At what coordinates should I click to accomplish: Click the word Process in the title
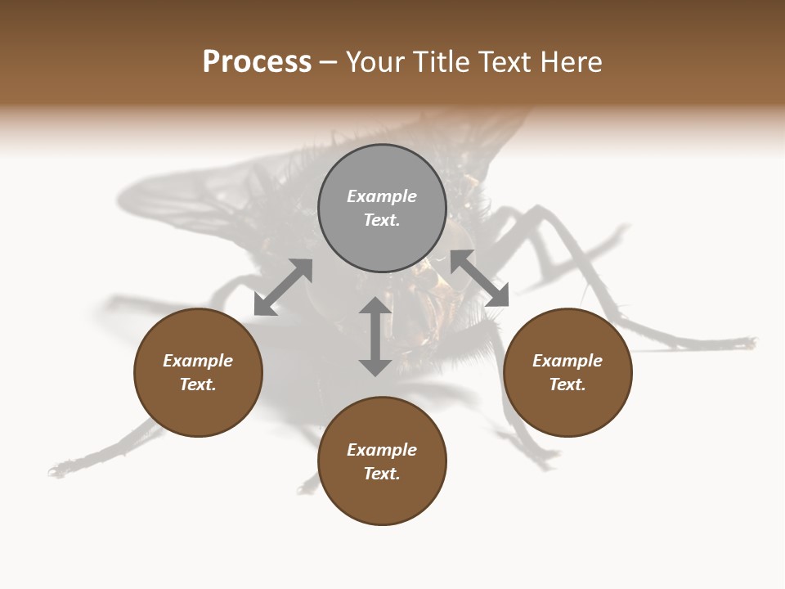pyautogui.click(x=257, y=62)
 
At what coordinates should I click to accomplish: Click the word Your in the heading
pyautogui.click(x=376, y=62)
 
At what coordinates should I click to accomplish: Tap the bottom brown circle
pyautogui.click(x=382, y=499)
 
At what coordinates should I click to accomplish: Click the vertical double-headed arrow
pyautogui.click(x=375, y=336)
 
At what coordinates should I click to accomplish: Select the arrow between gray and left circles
pyautogui.click(x=283, y=287)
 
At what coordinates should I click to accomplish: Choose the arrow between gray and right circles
pyautogui.click(x=480, y=278)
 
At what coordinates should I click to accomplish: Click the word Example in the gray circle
pyautogui.click(x=382, y=196)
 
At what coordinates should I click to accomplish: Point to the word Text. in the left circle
pyautogui.click(x=198, y=384)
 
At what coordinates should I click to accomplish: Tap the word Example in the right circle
pyautogui.click(x=567, y=361)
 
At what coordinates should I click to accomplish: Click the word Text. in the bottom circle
pyautogui.click(x=382, y=474)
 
